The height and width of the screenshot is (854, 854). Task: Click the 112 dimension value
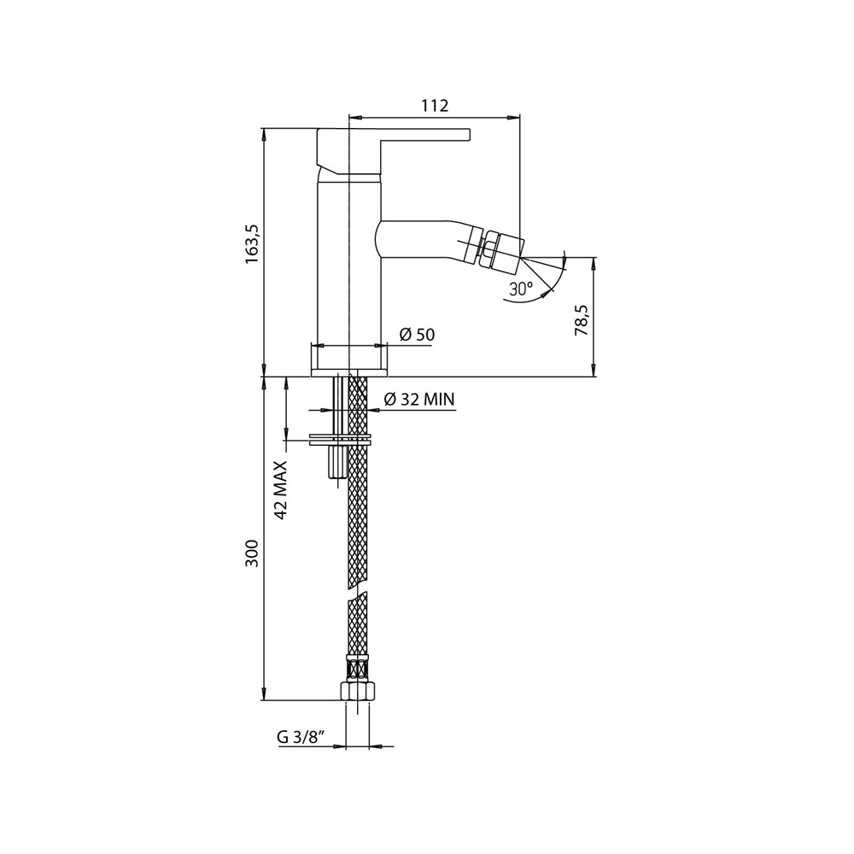pos(435,106)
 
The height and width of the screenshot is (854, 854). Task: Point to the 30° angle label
pos(519,289)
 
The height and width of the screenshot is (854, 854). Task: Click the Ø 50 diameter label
pos(417,335)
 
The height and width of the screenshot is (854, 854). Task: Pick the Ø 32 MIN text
pos(418,399)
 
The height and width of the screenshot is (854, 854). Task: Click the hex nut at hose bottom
pos(356,691)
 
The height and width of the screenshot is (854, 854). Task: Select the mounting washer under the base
pos(340,441)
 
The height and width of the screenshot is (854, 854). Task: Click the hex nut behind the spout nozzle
pos(483,249)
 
